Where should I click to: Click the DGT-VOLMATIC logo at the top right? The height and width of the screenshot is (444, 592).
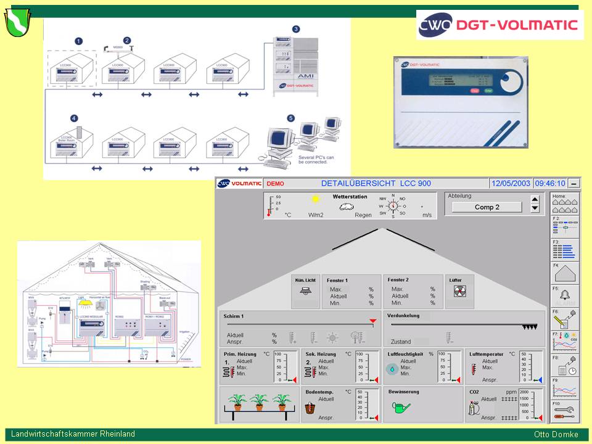tap(499, 25)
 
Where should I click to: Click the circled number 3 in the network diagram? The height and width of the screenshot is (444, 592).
tap(296, 29)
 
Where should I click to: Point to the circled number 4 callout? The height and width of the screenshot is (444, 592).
tap(74, 118)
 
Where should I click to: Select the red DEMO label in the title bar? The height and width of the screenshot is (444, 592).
tap(275, 184)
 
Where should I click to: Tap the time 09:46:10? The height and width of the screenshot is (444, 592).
tap(549, 183)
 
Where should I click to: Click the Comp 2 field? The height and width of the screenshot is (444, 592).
tap(487, 207)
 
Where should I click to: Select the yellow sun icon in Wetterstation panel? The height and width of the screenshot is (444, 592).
tap(316, 199)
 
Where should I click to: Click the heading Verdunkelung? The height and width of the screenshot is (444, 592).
tap(404, 316)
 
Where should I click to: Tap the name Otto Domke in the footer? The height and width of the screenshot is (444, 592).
tap(556, 434)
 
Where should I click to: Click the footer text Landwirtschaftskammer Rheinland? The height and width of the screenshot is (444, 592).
tap(73, 434)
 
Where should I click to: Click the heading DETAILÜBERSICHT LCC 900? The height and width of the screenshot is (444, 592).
tap(376, 183)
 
